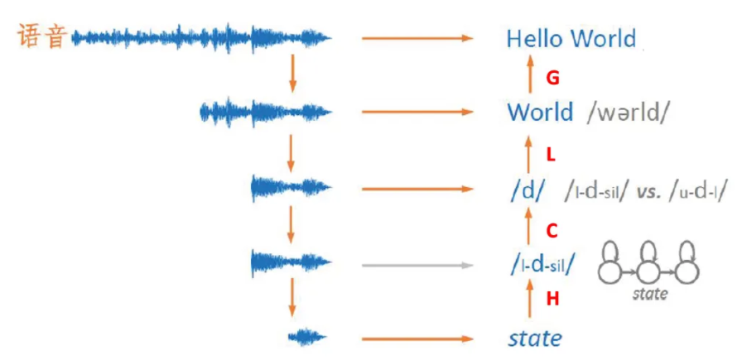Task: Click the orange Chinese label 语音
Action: tap(41, 36)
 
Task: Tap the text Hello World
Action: tap(571, 38)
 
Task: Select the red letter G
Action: tap(553, 79)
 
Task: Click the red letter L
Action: tap(552, 155)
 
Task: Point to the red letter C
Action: tap(552, 228)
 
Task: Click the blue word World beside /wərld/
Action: tap(539, 112)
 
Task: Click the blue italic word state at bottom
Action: tap(535, 338)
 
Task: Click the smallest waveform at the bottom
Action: tap(307, 337)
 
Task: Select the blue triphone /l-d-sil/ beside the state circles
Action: tap(542, 265)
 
